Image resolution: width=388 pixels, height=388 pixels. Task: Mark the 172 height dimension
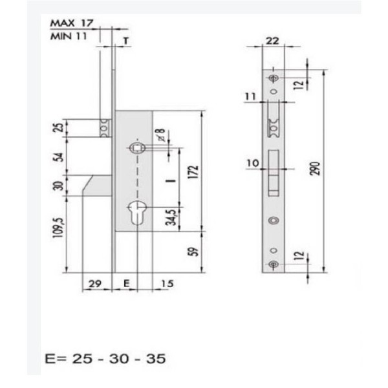[193, 173]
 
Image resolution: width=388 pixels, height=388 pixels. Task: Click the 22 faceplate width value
[272, 41]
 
